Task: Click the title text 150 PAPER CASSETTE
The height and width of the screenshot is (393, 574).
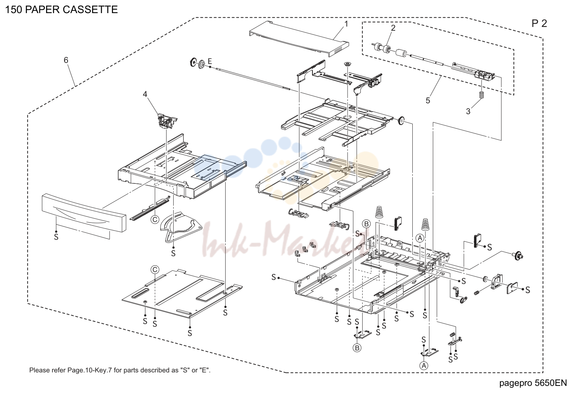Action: (x=61, y=10)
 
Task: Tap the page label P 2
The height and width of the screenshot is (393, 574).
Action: (x=539, y=24)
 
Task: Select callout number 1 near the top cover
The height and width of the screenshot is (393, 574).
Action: (x=346, y=24)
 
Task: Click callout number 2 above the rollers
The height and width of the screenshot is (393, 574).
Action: (x=393, y=28)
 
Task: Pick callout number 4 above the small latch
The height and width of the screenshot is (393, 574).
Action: (x=145, y=94)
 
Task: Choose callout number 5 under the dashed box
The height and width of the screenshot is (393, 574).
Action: (x=428, y=100)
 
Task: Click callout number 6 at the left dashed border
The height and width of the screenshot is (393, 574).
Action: (x=66, y=60)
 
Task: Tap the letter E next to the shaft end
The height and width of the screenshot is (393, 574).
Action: (x=210, y=61)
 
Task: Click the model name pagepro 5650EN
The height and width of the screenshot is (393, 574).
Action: (x=533, y=383)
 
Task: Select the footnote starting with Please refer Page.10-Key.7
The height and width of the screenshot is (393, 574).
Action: (x=120, y=370)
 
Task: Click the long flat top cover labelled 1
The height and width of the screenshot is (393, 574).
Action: (x=299, y=39)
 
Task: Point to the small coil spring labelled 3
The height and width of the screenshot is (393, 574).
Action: (x=482, y=95)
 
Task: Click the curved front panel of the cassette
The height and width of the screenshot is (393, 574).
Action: (x=84, y=213)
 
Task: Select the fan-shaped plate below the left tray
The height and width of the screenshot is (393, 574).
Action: (x=180, y=226)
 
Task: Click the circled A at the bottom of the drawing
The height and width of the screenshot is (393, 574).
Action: (x=424, y=366)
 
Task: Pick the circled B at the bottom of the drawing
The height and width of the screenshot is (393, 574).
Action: (x=357, y=348)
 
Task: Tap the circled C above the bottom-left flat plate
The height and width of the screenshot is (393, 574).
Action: (x=155, y=270)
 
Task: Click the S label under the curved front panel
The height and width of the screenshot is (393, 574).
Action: (x=56, y=237)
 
